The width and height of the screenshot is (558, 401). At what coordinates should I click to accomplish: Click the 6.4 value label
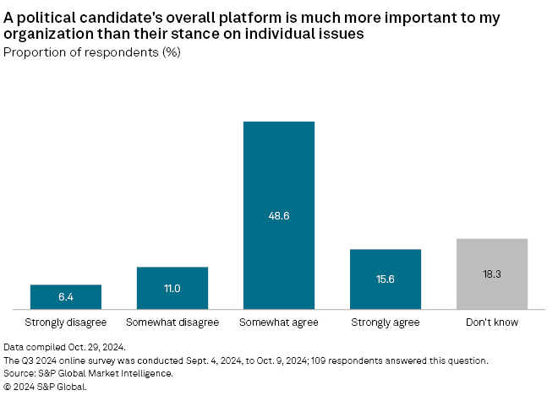tap(66, 298)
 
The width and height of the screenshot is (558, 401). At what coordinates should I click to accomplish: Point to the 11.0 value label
tap(172, 288)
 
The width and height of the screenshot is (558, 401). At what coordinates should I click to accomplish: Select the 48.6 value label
tap(279, 216)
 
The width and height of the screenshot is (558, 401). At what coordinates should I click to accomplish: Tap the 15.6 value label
tap(386, 279)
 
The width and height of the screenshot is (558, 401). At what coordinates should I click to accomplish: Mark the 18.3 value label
tap(492, 274)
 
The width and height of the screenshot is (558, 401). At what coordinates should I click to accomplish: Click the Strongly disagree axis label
tap(66, 322)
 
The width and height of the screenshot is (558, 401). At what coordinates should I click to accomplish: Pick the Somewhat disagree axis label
tap(172, 322)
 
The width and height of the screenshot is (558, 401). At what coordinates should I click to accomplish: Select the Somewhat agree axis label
tap(279, 322)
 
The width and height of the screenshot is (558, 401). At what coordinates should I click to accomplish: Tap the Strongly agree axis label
tap(386, 322)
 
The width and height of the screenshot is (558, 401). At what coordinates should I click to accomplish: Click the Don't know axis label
tap(492, 322)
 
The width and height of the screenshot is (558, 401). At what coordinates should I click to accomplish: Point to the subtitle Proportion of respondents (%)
tap(92, 52)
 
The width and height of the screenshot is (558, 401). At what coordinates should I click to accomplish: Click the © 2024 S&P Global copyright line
tap(46, 387)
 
